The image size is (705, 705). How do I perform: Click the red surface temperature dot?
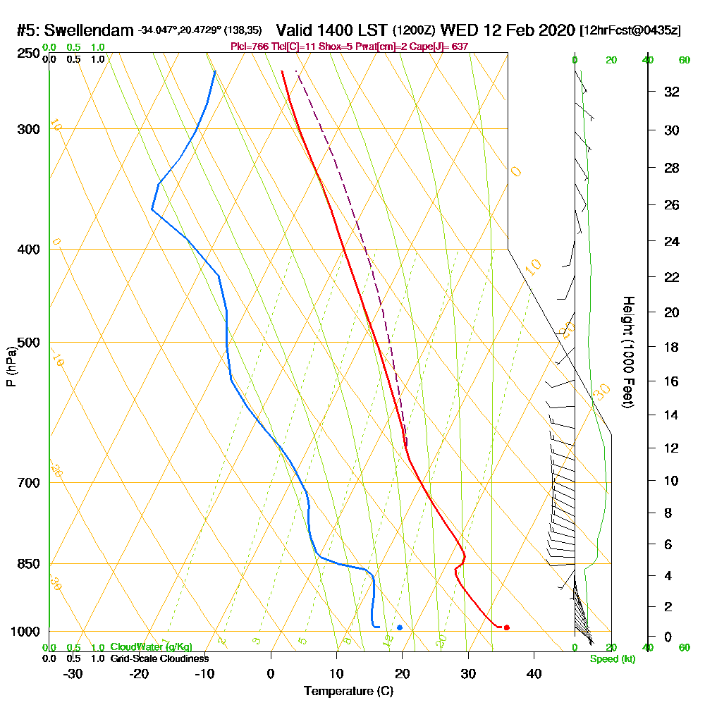(506, 627)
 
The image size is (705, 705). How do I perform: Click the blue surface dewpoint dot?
(400, 627)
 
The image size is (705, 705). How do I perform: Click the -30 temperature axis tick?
(73, 673)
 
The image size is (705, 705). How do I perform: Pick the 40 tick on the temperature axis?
(534, 673)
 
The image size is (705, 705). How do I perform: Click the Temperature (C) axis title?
(348, 691)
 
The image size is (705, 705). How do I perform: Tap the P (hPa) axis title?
(11, 366)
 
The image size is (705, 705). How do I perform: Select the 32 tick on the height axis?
(673, 92)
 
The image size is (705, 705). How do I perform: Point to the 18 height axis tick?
(673, 347)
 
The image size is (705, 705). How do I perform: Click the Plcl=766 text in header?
(249, 47)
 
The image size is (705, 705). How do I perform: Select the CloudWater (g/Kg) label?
(151, 646)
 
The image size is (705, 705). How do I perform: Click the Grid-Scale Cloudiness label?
(159, 658)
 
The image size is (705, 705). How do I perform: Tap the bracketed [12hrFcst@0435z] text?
(630, 31)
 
